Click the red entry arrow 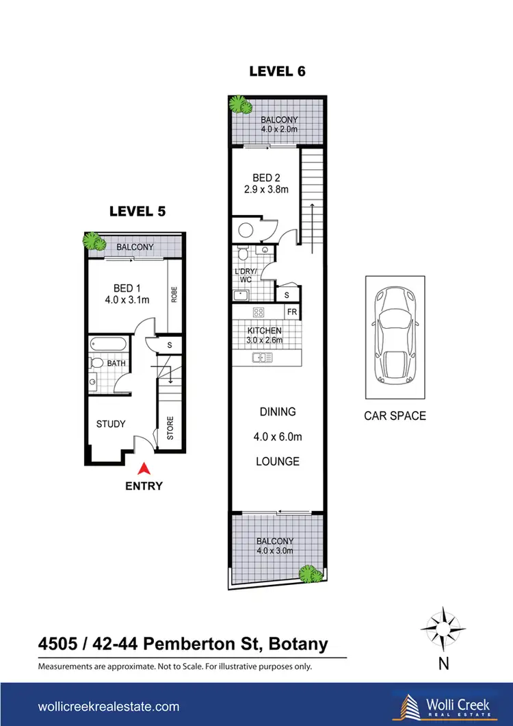(144, 469)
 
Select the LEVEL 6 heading (276, 71)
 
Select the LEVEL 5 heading (137, 211)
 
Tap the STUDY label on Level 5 (111, 424)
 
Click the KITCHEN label (264, 331)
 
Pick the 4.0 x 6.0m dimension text (278, 436)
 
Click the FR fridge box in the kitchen (290, 312)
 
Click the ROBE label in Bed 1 (174, 294)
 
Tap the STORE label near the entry (170, 428)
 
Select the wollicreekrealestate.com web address (109, 706)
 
